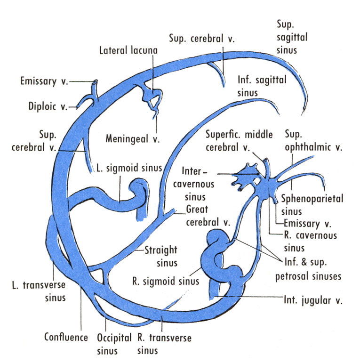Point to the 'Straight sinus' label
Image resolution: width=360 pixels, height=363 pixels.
160,256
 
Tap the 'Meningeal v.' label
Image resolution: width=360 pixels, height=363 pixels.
133,139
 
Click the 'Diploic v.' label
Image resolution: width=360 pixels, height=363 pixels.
48,106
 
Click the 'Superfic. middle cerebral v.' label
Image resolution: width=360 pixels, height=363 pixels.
239,141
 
